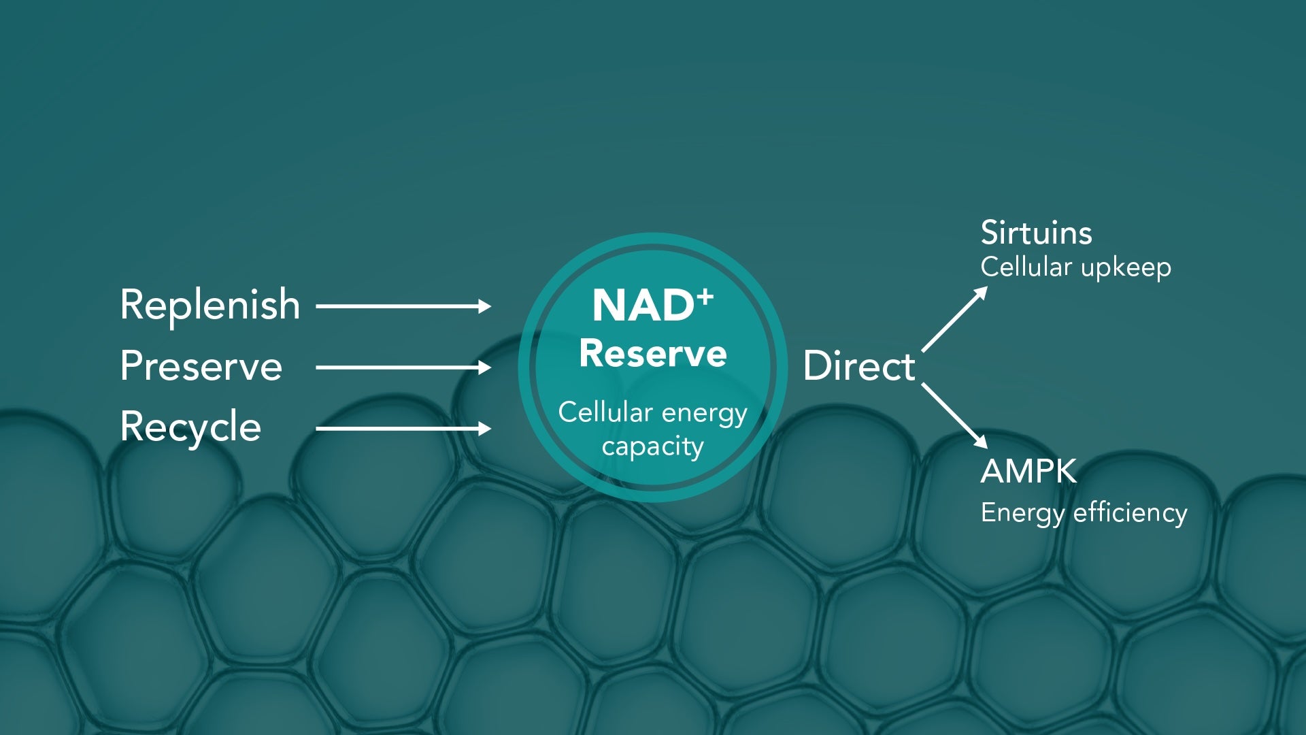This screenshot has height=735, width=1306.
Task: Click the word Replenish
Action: tap(210, 305)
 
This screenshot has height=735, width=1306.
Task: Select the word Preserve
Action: tap(201, 366)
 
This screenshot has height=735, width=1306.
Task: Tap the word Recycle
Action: tap(190, 427)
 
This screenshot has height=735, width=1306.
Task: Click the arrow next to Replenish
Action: tap(403, 306)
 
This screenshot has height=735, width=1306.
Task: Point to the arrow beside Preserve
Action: tap(403, 367)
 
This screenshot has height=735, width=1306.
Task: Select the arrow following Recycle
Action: tap(403, 428)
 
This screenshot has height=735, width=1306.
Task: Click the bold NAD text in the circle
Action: tap(643, 306)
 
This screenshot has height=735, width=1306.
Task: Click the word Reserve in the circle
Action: tap(653, 354)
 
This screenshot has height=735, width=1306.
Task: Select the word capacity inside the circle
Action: tap(653, 447)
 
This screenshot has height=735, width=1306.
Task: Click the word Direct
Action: tap(858, 366)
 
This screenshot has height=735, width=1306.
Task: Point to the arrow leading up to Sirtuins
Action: tap(954, 319)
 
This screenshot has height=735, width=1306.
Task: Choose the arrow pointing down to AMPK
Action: tap(954, 415)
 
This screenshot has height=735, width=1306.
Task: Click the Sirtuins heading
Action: tap(1036, 233)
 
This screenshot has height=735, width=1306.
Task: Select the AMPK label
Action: tap(1028, 471)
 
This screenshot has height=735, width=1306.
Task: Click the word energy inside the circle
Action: tap(704, 413)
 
